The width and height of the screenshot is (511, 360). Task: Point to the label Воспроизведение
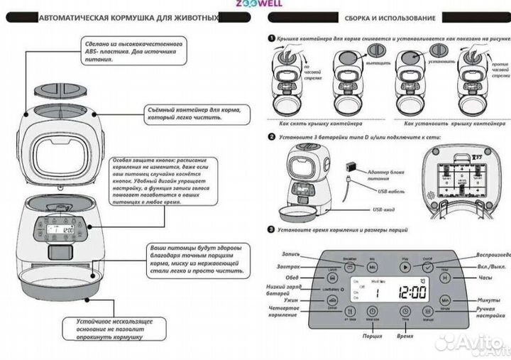pos(494,253)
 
